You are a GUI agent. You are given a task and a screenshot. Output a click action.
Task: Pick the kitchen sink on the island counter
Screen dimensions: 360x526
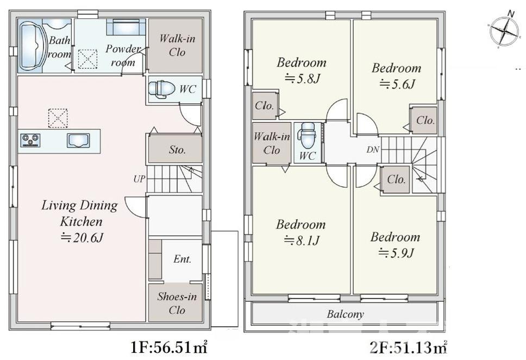(77, 140)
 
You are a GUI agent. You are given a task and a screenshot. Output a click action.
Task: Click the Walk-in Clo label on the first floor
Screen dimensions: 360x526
(177, 46)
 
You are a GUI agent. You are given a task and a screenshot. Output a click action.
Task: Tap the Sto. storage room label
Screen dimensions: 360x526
(177, 150)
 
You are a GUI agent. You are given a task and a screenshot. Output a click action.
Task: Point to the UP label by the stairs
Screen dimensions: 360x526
(139, 178)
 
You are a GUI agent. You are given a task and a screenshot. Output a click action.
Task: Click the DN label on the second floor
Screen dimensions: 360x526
(373, 150)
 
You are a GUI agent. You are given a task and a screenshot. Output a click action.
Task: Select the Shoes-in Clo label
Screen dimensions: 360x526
(177, 303)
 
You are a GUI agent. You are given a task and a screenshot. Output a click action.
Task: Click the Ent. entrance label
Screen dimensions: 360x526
(183, 259)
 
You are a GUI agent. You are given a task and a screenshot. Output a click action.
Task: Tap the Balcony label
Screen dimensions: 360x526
(345, 314)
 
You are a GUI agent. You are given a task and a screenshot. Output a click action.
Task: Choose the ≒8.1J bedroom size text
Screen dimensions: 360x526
(300, 240)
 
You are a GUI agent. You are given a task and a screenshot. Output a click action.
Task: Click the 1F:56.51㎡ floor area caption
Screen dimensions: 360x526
(168, 346)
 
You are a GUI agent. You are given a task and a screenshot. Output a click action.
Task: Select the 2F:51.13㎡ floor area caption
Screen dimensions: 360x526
(407, 346)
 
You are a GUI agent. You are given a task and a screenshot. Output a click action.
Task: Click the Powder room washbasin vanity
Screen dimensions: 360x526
(126, 27)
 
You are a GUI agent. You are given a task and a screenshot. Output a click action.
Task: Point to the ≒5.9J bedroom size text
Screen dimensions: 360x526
(396, 253)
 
